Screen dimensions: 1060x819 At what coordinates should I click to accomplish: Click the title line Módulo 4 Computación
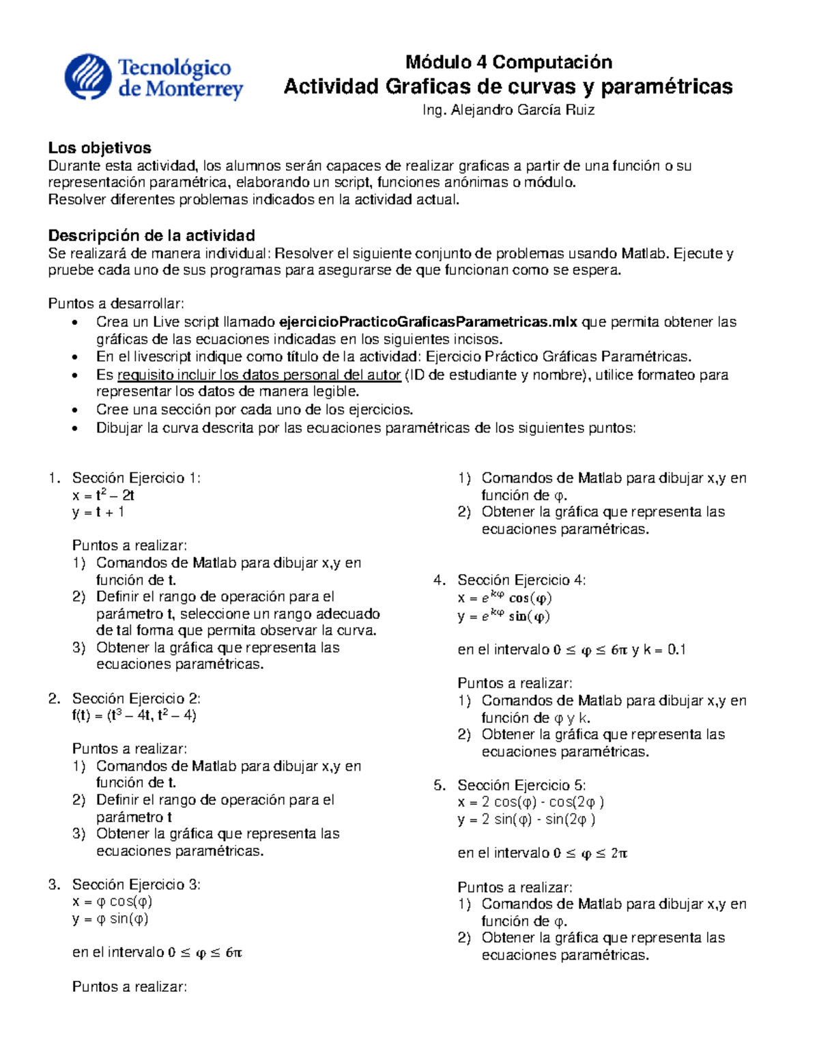pyautogui.click(x=508, y=62)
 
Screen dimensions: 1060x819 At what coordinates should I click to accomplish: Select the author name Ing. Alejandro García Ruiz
pyautogui.click(x=508, y=110)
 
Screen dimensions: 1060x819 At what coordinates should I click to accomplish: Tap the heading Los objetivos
pyautogui.click(x=100, y=147)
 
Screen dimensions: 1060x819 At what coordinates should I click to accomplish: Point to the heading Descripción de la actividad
pyautogui.click(x=152, y=235)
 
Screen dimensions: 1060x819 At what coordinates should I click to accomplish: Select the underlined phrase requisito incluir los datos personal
pyautogui.click(x=259, y=375)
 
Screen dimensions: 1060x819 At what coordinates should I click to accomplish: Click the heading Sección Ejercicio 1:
pyautogui.click(x=136, y=478)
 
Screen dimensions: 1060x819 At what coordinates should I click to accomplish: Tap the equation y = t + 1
pyautogui.click(x=98, y=512)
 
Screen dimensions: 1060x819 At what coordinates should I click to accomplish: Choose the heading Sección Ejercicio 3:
pyautogui.click(x=136, y=885)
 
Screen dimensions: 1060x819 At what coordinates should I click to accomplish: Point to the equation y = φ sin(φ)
pyautogui.click(x=111, y=919)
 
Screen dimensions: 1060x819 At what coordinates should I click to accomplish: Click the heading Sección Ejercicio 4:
pyautogui.click(x=521, y=580)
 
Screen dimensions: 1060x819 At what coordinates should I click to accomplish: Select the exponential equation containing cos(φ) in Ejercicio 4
pyautogui.click(x=505, y=598)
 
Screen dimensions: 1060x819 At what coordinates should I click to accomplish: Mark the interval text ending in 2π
pyautogui.click(x=543, y=853)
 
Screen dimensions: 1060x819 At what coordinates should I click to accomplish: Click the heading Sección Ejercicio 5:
pyautogui.click(x=521, y=785)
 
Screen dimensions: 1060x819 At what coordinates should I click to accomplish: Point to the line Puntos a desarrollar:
pyautogui.click(x=116, y=304)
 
